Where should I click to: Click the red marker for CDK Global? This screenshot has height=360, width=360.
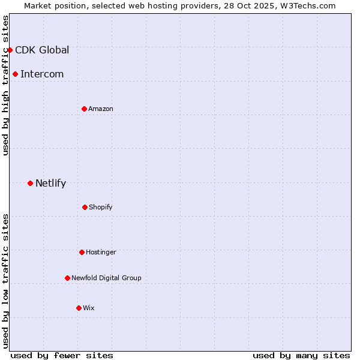coord(10,50)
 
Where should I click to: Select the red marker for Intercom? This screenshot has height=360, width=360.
coord(16,74)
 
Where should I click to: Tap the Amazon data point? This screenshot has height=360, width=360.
coord(84,109)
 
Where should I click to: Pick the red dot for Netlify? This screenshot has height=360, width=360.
coord(30,183)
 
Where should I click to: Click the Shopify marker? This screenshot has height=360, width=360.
coord(85,207)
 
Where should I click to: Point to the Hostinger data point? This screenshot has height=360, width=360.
coord(82,252)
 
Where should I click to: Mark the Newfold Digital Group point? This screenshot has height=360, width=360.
coord(67,278)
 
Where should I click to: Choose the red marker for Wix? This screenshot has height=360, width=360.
coord(79,308)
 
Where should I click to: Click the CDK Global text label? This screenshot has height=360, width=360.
coord(42,50)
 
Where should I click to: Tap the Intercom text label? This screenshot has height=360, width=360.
coord(42,74)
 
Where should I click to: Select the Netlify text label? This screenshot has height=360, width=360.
coord(50,183)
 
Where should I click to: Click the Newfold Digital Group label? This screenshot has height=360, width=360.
coord(106,278)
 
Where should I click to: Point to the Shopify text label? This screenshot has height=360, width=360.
coord(100,207)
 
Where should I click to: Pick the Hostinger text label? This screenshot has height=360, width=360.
coord(101,252)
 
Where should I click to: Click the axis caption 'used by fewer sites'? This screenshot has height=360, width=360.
coord(62,355)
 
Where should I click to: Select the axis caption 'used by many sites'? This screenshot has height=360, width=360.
coord(301,355)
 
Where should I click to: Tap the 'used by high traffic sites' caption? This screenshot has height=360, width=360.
coord(5,85)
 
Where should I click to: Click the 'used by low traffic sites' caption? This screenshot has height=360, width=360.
coord(5,281)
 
